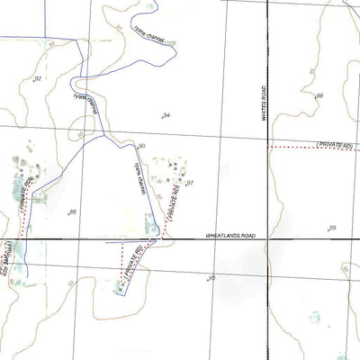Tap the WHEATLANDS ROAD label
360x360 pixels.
pyautogui.click(x=230, y=236)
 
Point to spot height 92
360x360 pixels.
pyautogui.click(x=38, y=79)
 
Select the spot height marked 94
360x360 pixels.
pyautogui.click(x=166, y=115)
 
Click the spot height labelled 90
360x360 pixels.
pyautogui.click(x=141, y=146)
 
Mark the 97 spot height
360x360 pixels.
pyautogui.click(x=190, y=183)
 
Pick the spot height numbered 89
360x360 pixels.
pyautogui.click(x=331, y=229)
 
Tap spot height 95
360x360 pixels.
pyautogui.click(x=211, y=278)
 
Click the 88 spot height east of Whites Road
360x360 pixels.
pyautogui.click(x=318, y=94)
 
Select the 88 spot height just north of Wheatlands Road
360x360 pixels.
pyautogui.click(x=72, y=212)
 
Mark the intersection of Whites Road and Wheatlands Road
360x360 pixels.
pyautogui.click(x=267, y=239)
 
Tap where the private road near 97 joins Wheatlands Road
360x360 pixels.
pyautogui.click(x=161, y=238)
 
